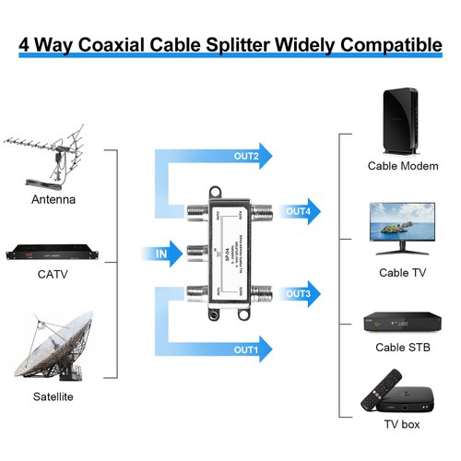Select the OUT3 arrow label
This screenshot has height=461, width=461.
(298, 293)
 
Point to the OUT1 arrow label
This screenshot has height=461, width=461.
(245, 350)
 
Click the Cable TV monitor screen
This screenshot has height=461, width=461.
(402, 222)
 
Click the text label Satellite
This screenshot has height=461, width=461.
(51, 396)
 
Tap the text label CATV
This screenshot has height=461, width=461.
(53, 273)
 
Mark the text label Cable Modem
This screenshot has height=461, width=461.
(402, 167)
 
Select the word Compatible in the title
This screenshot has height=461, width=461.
(387, 43)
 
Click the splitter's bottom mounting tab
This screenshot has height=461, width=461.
(220, 316)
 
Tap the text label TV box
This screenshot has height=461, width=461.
(402, 425)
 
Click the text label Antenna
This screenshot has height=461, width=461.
(53, 199)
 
